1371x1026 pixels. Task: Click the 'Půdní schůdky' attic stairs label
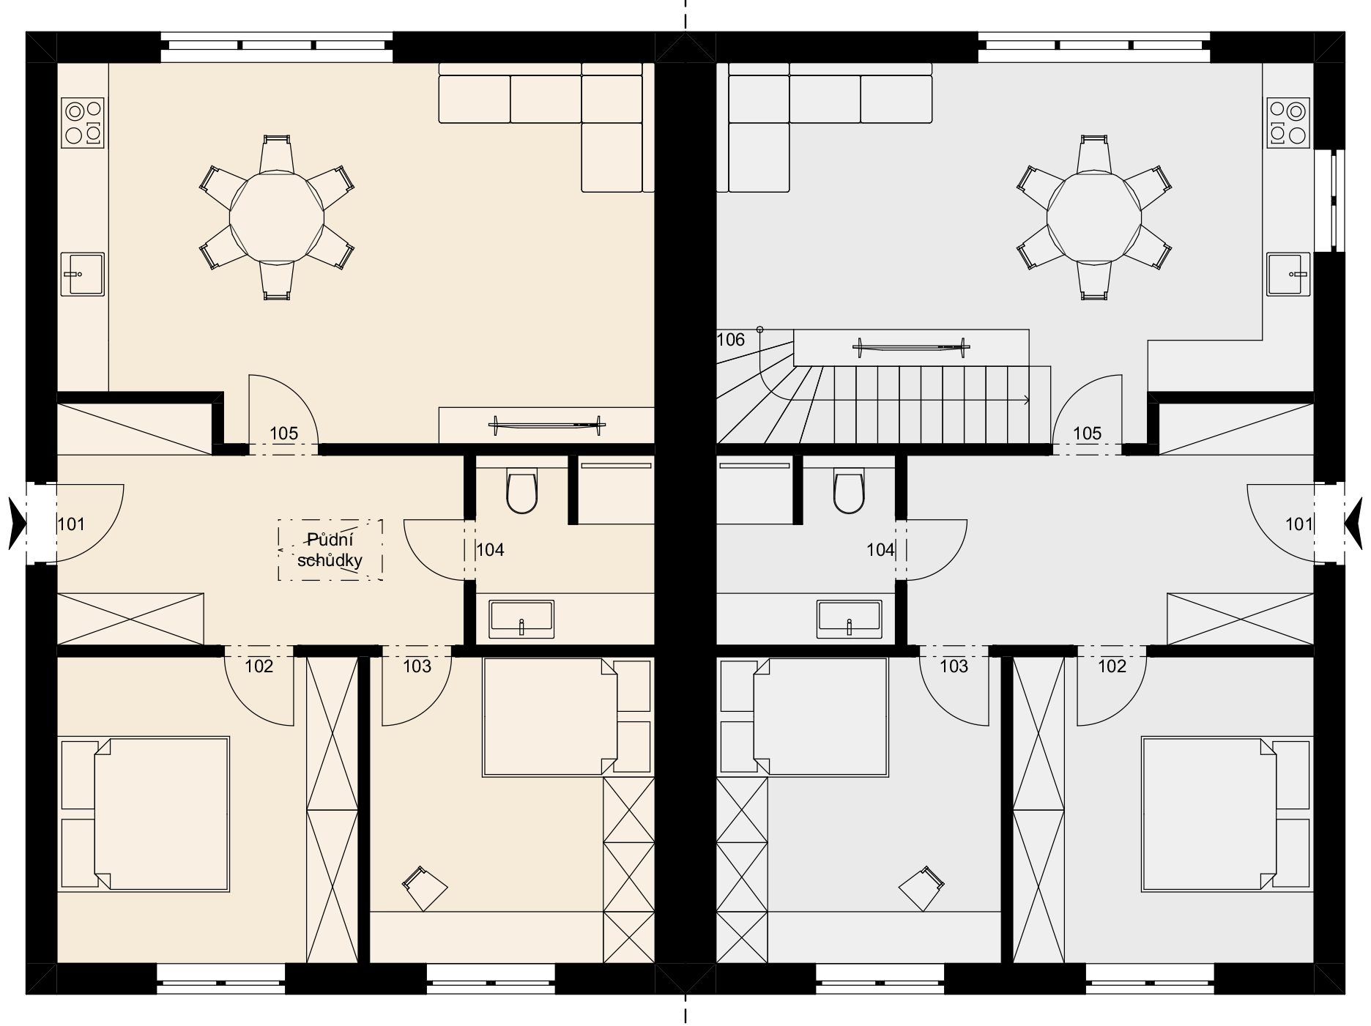click(x=330, y=550)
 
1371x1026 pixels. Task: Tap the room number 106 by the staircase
click(x=731, y=340)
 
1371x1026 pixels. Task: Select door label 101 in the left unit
click(x=71, y=524)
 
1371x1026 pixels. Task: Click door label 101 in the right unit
click(x=1299, y=524)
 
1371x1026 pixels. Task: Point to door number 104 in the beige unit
click(x=490, y=550)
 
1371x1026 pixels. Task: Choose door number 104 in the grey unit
click(x=880, y=550)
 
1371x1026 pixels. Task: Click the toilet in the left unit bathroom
click(x=521, y=492)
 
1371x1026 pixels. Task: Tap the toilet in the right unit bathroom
click(x=849, y=492)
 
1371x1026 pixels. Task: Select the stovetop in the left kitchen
click(x=83, y=123)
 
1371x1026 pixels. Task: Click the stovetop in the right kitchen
click(x=1288, y=123)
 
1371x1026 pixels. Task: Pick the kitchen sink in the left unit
click(x=83, y=274)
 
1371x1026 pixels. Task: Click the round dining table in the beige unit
click(x=277, y=218)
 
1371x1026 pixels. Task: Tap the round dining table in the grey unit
click(x=1094, y=218)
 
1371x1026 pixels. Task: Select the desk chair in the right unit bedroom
click(x=922, y=888)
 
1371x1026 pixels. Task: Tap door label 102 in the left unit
click(x=259, y=666)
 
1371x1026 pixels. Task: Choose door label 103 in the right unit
click(x=954, y=666)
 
